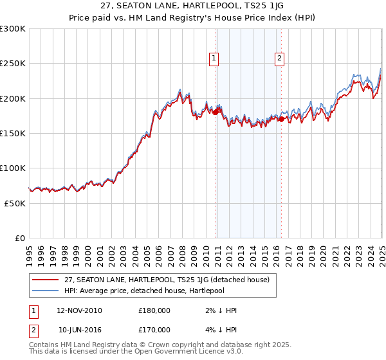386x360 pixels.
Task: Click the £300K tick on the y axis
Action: point(13,29)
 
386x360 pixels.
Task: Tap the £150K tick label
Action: point(13,134)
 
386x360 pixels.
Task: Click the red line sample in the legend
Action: point(46,280)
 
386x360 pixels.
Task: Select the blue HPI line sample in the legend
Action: point(46,291)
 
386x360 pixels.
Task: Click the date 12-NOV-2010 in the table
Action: point(79,310)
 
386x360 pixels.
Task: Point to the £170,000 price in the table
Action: point(154,332)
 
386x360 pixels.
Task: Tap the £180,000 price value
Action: point(154,310)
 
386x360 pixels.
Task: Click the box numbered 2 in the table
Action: point(33,332)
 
